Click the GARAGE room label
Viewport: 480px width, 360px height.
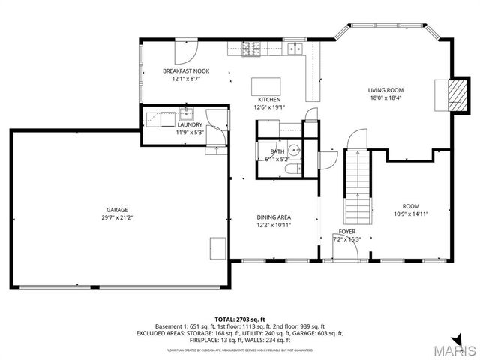coord(116,210)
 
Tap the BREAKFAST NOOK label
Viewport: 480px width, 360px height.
coord(186,71)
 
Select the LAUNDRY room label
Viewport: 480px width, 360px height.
coord(190,125)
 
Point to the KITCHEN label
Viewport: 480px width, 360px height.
coord(269,100)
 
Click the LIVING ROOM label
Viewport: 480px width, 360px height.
coord(385,89)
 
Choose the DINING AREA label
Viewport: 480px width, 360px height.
coord(274,217)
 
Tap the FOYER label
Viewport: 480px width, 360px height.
coord(346,232)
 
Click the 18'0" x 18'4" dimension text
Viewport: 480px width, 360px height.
coord(385,97)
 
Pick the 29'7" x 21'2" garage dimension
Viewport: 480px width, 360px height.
coord(116,218)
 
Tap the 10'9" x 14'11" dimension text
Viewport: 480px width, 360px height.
coord(410,214)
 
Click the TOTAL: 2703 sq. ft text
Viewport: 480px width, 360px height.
coord(239,319)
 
